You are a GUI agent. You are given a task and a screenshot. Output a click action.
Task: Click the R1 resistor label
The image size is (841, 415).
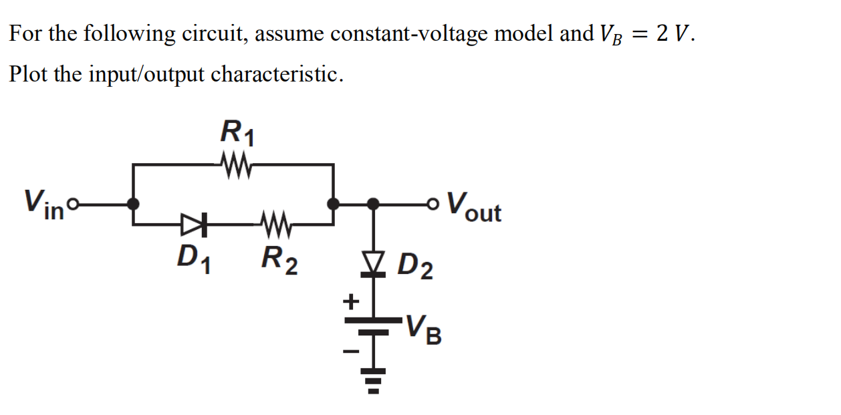click(237, 132)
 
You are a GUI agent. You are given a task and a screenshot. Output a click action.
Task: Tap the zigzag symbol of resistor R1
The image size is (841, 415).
click(235, 163)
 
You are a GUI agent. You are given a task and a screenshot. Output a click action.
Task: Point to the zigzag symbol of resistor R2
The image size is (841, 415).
click(274, 223)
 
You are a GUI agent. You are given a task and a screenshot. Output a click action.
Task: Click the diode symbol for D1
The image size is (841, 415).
click(193, 223)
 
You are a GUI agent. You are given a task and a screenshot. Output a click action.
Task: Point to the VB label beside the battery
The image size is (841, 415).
click(425, 327)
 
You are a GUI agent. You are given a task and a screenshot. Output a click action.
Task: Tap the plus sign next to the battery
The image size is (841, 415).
click(351, 301)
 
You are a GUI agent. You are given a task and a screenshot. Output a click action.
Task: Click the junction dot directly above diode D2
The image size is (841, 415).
click(375, 202)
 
